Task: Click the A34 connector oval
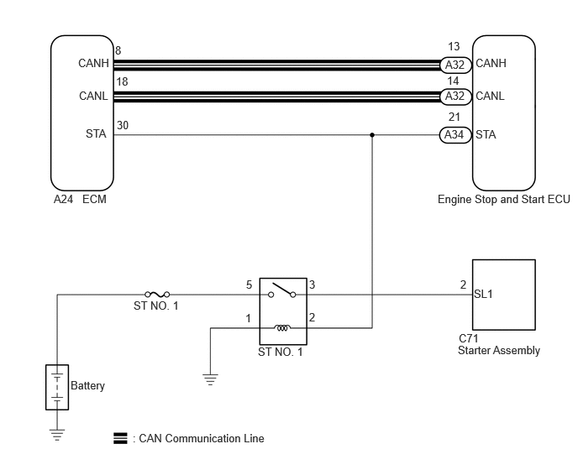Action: tap(455, 135)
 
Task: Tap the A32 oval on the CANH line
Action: tap(456, 65)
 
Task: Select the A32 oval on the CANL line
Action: tap(456, 97)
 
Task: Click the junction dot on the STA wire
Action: tap(372, 135)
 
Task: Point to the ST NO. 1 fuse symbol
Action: tap(157, 295)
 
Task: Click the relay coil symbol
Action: tap(282, 327)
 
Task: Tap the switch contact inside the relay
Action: tap(282, 290)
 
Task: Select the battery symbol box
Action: tap(57, 387)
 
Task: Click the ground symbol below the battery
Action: tap(57, 435)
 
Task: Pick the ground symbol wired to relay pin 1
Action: tap(210, 379)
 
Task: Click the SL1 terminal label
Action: tap(483, 294)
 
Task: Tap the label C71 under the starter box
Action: tap(468, 338)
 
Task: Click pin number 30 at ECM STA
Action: tap(123, 126)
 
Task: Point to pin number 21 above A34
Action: tap(455, 117)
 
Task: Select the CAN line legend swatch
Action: tap(120, 438)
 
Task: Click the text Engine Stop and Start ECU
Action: tap(503, 199)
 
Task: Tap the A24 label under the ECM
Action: tap(63, 199)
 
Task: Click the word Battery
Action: tap(87, 386)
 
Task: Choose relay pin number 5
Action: tap(250, 285)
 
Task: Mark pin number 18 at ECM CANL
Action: tap(122, 81)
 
